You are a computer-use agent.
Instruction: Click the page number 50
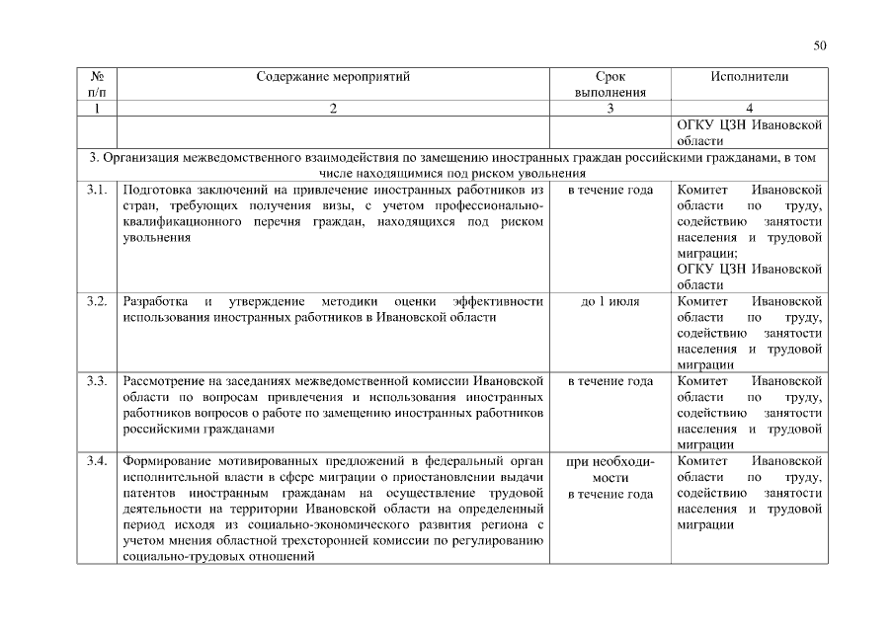point(819,44)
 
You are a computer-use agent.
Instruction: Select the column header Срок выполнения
point(610,84)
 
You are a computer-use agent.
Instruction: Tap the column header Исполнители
point(749,76)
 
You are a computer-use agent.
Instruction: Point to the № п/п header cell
point(97,84)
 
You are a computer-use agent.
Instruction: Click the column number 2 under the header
point(333,109)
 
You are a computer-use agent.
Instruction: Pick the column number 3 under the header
point(610,109)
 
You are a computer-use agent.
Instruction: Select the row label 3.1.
point(97,190)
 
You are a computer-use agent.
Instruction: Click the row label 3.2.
point(97,301)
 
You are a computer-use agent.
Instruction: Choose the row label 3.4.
point(97,461)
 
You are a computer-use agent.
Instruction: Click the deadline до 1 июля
point(610,301)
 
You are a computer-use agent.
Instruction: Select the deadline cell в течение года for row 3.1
point(610,190)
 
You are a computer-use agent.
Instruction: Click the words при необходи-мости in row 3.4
point(610,469)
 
